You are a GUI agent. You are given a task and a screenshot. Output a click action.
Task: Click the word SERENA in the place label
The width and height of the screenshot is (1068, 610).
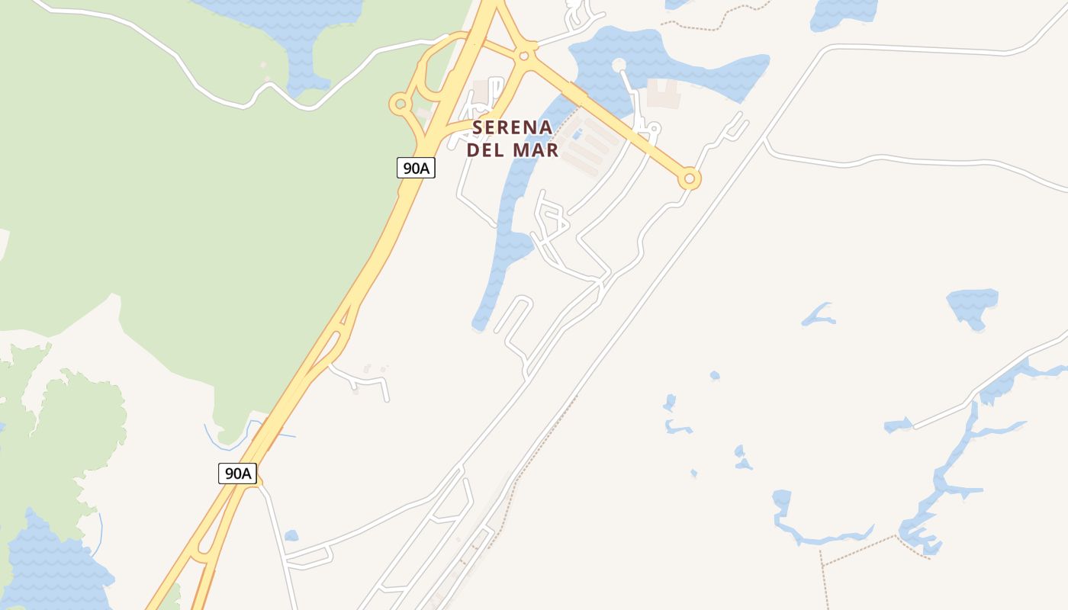pos(512,127)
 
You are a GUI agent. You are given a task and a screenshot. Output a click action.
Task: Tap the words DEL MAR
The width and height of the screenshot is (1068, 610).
pos(512,150)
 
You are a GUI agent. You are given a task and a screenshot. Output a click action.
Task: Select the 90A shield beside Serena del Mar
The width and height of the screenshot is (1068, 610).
pos(416,168)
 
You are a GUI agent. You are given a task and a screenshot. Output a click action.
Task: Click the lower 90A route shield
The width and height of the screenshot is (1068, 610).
pos(238,473)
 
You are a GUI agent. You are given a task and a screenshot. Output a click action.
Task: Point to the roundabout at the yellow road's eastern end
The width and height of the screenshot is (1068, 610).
pos(689,178)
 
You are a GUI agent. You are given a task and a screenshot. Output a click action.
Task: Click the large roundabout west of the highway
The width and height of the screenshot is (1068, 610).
pos(400,104)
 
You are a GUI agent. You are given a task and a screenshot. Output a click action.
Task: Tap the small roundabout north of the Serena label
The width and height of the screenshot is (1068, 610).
pos(523,55)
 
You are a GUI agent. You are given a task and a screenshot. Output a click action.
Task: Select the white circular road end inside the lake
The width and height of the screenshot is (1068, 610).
pos(619,66)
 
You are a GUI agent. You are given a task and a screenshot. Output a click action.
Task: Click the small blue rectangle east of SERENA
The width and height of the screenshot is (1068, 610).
pos(577,135)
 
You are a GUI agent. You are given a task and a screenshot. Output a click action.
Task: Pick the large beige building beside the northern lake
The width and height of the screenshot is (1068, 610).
pos(662,93)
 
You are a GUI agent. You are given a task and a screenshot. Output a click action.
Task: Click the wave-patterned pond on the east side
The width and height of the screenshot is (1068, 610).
pos(973,305)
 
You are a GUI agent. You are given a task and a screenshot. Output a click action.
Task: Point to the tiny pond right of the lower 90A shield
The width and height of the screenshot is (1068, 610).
pos(291,536)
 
